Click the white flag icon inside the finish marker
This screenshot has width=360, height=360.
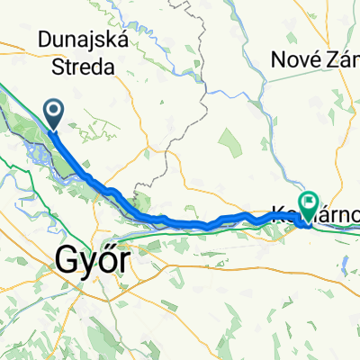(x=310, y=202)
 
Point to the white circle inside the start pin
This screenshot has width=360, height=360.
(x=54, y=112)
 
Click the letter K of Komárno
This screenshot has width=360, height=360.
(x=277, y=215)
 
